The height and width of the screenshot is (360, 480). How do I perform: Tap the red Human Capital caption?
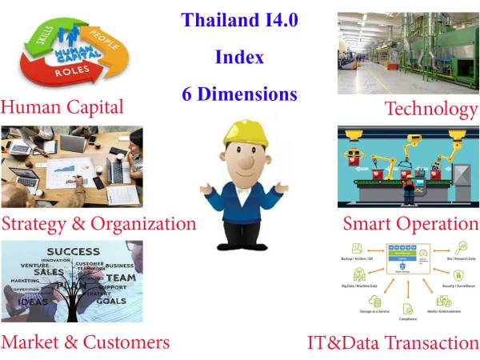point(62,106)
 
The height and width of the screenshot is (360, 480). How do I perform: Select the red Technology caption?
point(430,108)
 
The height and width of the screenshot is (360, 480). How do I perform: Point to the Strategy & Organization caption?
point(98,222)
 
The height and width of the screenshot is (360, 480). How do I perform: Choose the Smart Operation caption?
point(410,223)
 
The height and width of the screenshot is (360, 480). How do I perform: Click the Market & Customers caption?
point(86,342)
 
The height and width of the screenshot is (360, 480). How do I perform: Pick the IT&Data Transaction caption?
point(393,343)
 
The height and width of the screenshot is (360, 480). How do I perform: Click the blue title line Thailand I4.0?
point(239,19)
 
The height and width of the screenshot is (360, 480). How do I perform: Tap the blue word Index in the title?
point(239,57)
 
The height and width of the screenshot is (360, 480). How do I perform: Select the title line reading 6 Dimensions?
point(239,94)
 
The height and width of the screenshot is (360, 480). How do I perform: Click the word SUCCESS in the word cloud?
point(73,251)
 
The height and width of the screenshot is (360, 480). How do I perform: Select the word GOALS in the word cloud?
point(110,300)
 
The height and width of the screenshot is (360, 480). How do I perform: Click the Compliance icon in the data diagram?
point(408,309)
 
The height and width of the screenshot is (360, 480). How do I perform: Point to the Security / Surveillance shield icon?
point(459,274)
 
